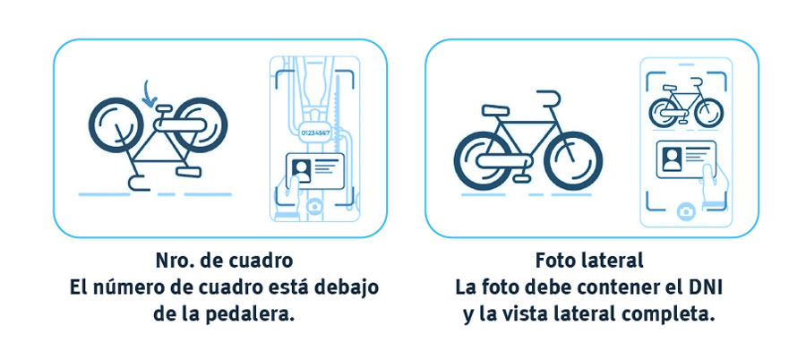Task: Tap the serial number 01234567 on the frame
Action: click(x=314, y=133)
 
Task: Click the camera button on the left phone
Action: click(x=314, y=206)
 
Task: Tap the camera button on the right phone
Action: click(x=686, y=210)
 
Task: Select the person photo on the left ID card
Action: click(x=301, y=169)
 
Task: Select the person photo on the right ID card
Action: click(x=672, y=159)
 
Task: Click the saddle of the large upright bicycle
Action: click(x=495, y=110)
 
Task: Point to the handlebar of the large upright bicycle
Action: click(x=548, y=99)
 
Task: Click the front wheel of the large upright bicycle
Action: click(x=573, y=161)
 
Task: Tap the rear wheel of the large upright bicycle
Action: click(x=484, y=161)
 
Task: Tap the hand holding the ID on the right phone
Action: click(x=715, y=185)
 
